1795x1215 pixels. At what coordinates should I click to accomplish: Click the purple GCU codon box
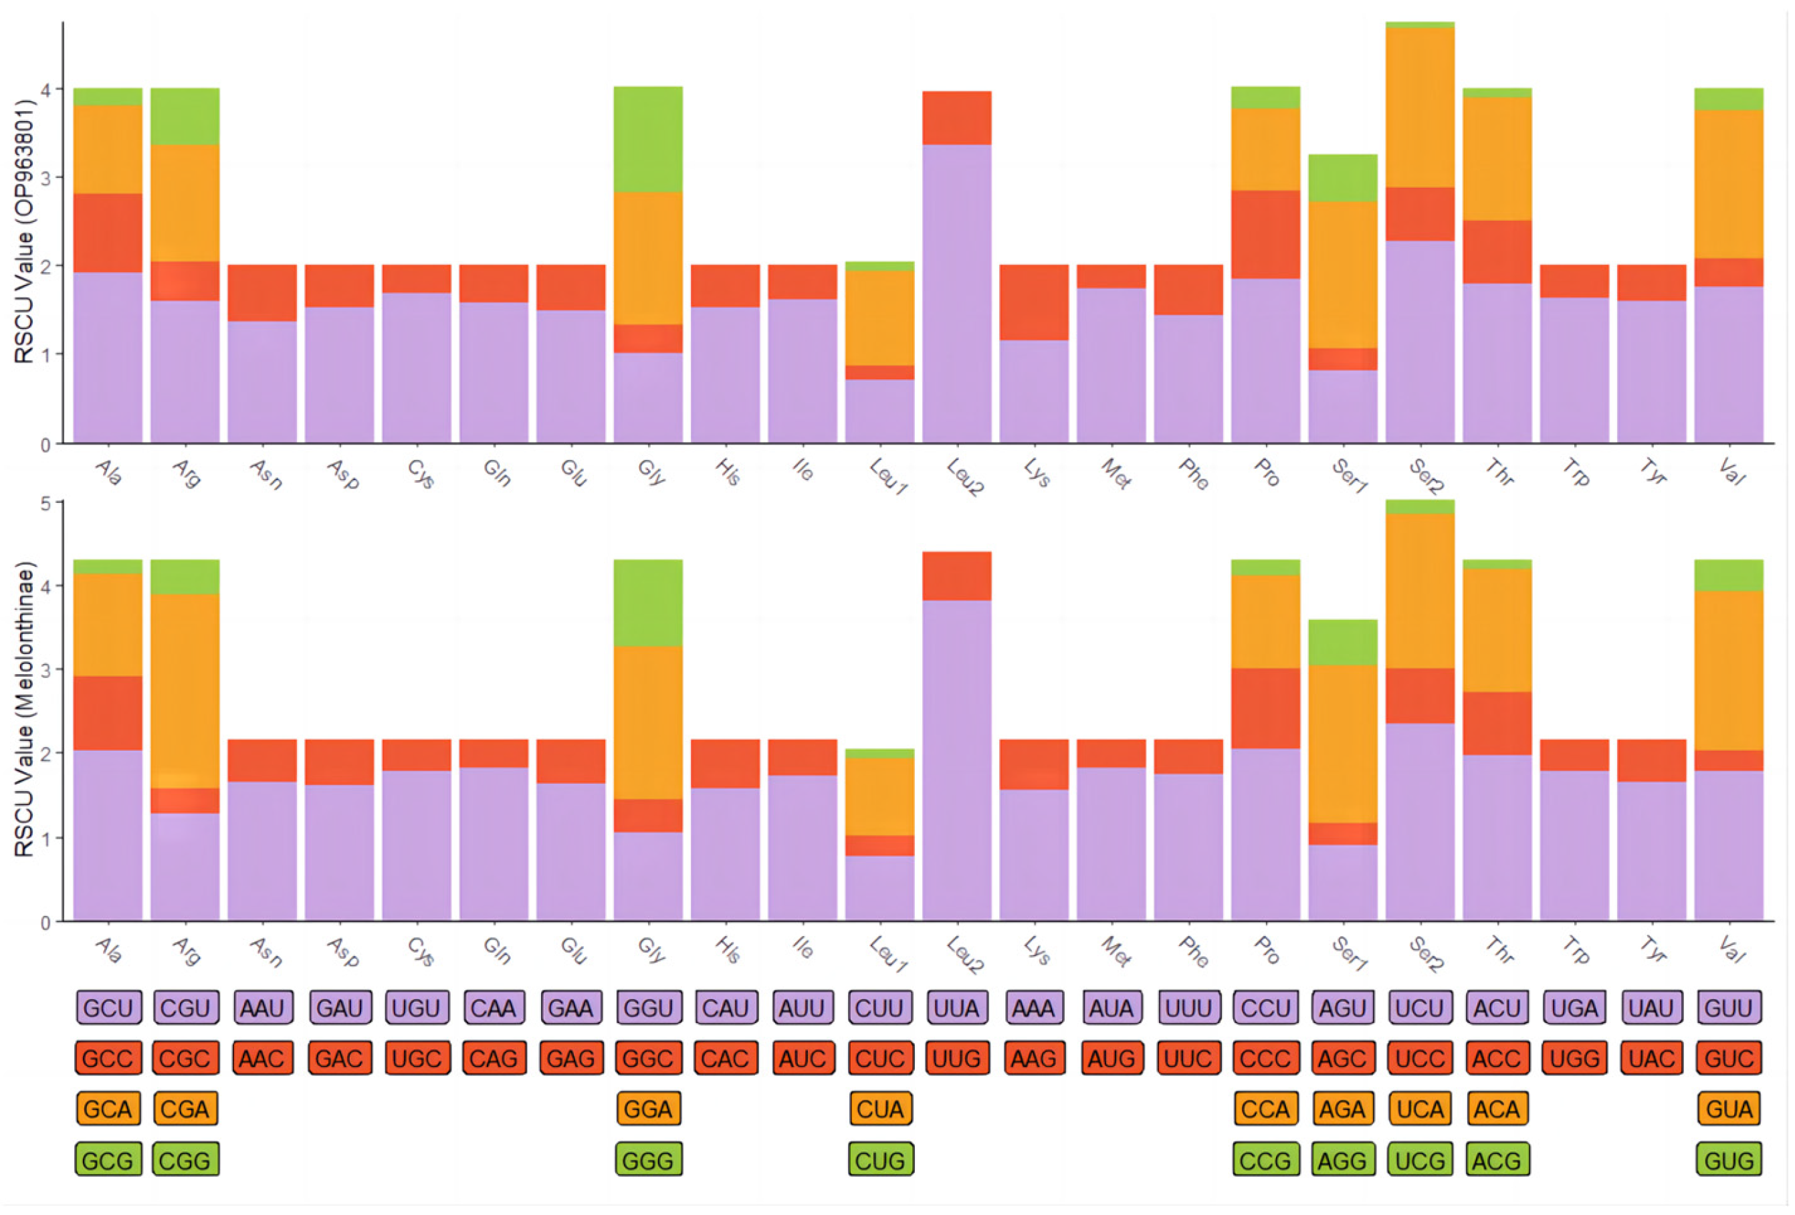(108, 1007)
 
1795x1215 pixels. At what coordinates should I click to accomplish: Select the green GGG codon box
(648, 1159)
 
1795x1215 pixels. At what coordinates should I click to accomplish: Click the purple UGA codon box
(1574, 1007)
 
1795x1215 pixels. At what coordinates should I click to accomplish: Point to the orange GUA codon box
(1729, 1109)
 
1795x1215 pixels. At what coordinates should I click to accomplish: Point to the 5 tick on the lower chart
(46, 504)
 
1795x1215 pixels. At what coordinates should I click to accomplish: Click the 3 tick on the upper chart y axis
(46, 178)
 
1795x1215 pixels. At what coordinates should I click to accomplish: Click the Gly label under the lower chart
(652, 950)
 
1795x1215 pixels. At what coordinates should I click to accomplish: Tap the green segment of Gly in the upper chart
(648, 139)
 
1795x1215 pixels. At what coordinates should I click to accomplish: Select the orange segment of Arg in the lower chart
(185, 691)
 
